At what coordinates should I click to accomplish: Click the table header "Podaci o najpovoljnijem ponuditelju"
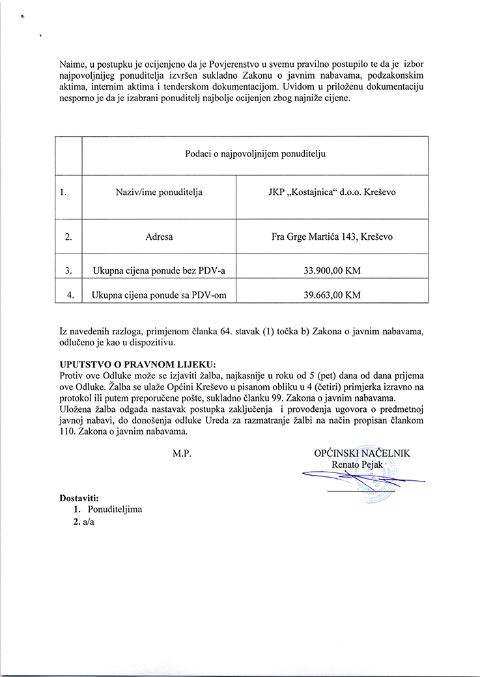pyautogui.click(x=254, y=155)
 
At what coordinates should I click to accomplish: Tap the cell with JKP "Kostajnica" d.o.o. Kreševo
pyautogui.click(x=332, y=192)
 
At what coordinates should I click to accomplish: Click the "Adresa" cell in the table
pyautogui.click(x=159, y=237)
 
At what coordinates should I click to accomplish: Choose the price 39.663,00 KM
pyautogui.click(x=332, y=295)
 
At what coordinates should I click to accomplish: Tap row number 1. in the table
pyautogui.click(x=63, y=192)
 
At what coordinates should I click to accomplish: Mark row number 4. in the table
pyautogui.click(x=69, y=295)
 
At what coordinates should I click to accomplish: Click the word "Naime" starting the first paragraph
pyautogui.click(x=72, y=65)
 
